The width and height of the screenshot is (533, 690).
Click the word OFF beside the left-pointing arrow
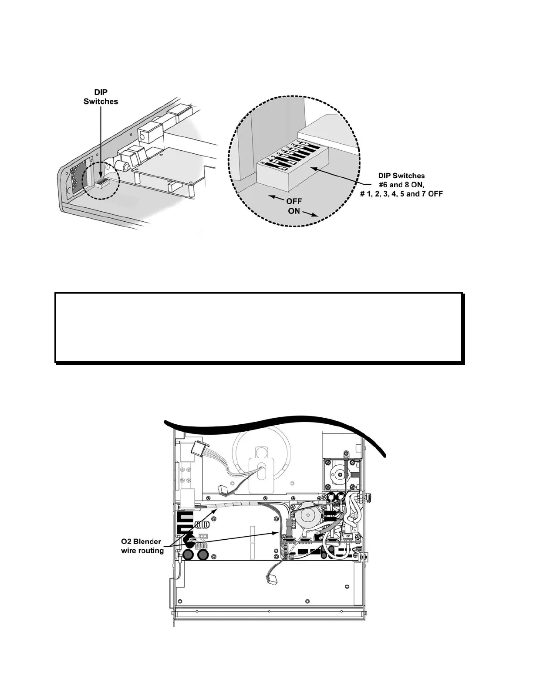[294, 202]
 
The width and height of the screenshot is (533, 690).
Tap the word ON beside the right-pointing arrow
[294, 212]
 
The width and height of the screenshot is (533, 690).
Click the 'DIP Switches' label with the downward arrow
[101, 97]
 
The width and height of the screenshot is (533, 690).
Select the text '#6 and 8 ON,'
[401, 184]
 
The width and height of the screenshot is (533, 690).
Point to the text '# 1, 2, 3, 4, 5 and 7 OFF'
[401, 193]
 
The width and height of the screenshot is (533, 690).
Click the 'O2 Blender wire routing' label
[142, 546]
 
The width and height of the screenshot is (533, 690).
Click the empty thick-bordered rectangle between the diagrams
[259, 327]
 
